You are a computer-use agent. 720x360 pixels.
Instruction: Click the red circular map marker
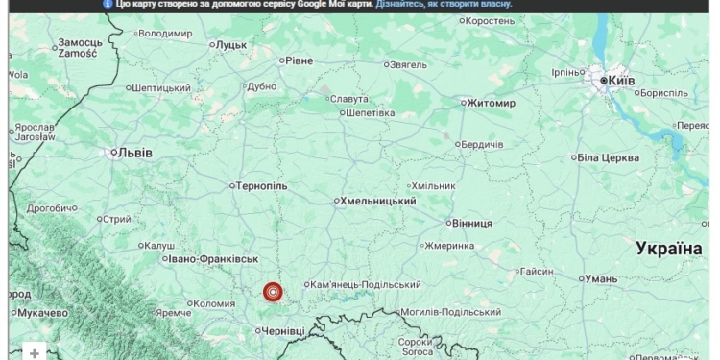[273, 292]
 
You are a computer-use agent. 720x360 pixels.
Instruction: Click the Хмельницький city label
[378, 201]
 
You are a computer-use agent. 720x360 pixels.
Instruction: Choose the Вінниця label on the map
[470, 222]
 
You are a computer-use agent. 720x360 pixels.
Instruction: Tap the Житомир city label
[491, 103]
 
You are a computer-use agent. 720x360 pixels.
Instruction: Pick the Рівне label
[299, 60]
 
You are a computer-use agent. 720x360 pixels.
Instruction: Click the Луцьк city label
[230, 44]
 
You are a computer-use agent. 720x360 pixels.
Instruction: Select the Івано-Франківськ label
[214, 259]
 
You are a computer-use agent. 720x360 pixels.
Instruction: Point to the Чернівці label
[283, 330]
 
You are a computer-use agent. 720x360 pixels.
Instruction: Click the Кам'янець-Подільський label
[367, 284]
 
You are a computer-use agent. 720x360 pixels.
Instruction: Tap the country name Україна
[669, 249]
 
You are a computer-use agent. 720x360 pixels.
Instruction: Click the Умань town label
[601, 278]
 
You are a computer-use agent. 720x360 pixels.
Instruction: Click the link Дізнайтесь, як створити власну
[444, 5]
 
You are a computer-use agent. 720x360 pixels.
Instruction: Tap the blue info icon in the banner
[108, 5]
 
